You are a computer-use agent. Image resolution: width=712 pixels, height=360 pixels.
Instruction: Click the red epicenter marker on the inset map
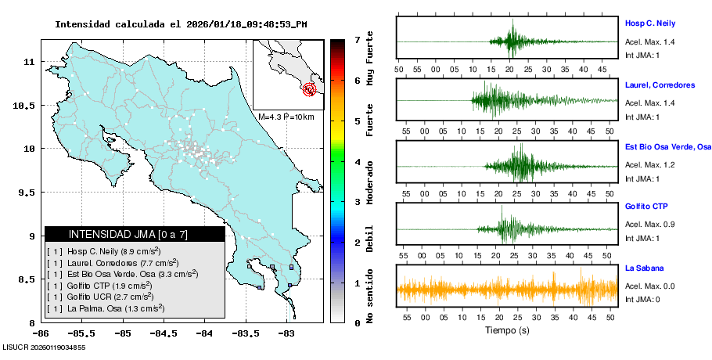pyautogui.click(x=310, y=89)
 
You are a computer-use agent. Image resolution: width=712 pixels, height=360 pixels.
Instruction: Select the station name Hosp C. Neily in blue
pyautogui.click(x=649, y=23)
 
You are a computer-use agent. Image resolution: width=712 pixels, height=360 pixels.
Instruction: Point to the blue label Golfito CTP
pyautogui.click(x=646, y=207)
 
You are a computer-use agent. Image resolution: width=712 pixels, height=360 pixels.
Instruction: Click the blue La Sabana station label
pyautogui.click(x=644, y=268)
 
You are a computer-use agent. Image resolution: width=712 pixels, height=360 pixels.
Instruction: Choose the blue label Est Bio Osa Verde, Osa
pyautogui.click(x=667, y=146)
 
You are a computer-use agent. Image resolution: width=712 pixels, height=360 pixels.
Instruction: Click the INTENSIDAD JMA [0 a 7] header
pyautogui.click(x=135, y=234)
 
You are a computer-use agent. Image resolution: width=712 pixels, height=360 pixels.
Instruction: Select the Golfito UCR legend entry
pyautogui.click(x=106, y=297)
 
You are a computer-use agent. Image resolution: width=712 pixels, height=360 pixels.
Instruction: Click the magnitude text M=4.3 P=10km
pyautogui.click(x=286, y=117)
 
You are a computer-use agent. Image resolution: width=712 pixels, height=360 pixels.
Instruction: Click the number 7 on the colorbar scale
pyautogui.click(x=357, y=39)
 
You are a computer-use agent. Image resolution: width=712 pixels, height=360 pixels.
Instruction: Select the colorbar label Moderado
pyautogui.click(x=369, y=181)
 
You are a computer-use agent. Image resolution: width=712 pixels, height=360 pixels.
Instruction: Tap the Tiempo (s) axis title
pyautogui.click(x=508, y=330)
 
